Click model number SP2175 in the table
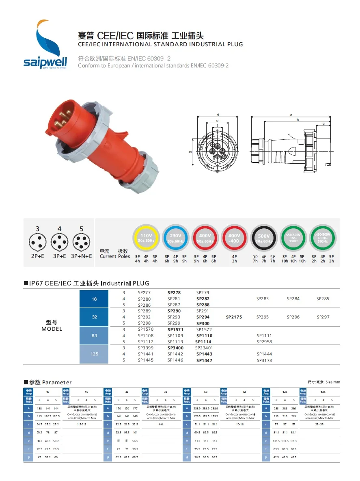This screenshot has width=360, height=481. point(234,317)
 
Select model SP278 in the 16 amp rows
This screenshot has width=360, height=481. point(174,292)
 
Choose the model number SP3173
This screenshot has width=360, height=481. point(264,360)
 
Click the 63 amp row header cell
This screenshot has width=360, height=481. point(94,336)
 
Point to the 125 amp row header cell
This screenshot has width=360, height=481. point(94,354)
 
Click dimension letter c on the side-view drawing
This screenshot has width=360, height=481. point(323,123)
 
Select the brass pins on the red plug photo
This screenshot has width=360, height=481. point(61,116)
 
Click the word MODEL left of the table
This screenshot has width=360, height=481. point(52,329)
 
